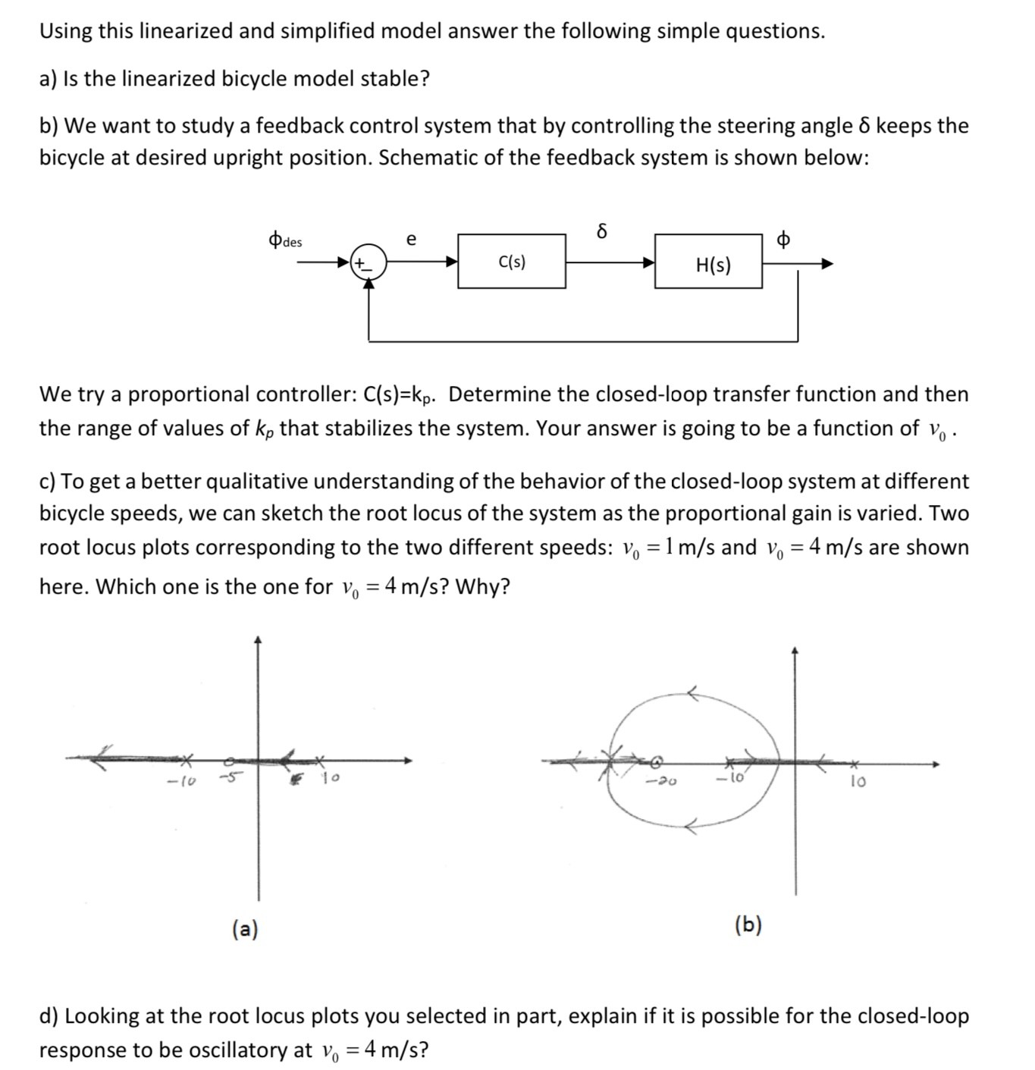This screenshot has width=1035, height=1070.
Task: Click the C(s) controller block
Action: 512,262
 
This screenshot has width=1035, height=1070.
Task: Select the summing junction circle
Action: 369,263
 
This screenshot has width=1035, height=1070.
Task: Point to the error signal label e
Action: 411,240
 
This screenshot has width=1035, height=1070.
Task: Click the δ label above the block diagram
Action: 602,231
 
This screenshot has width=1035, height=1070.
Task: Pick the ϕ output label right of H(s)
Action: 783,240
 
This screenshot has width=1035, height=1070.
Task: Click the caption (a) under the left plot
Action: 245,928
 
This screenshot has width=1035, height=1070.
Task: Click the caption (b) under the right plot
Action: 748,924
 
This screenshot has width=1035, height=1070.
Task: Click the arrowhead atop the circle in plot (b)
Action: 692,692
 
